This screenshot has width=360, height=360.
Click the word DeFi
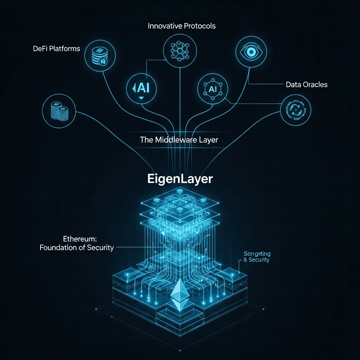point(41,49)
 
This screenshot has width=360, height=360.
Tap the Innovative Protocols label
point(181,26)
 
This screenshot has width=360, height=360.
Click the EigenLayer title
point(180,179)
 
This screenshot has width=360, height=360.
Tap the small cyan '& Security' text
point(256,260)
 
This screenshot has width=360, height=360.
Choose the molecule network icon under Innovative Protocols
point(179,52)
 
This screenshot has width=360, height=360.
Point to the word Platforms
point(64,49)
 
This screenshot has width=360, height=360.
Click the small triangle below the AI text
point(141,98)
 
